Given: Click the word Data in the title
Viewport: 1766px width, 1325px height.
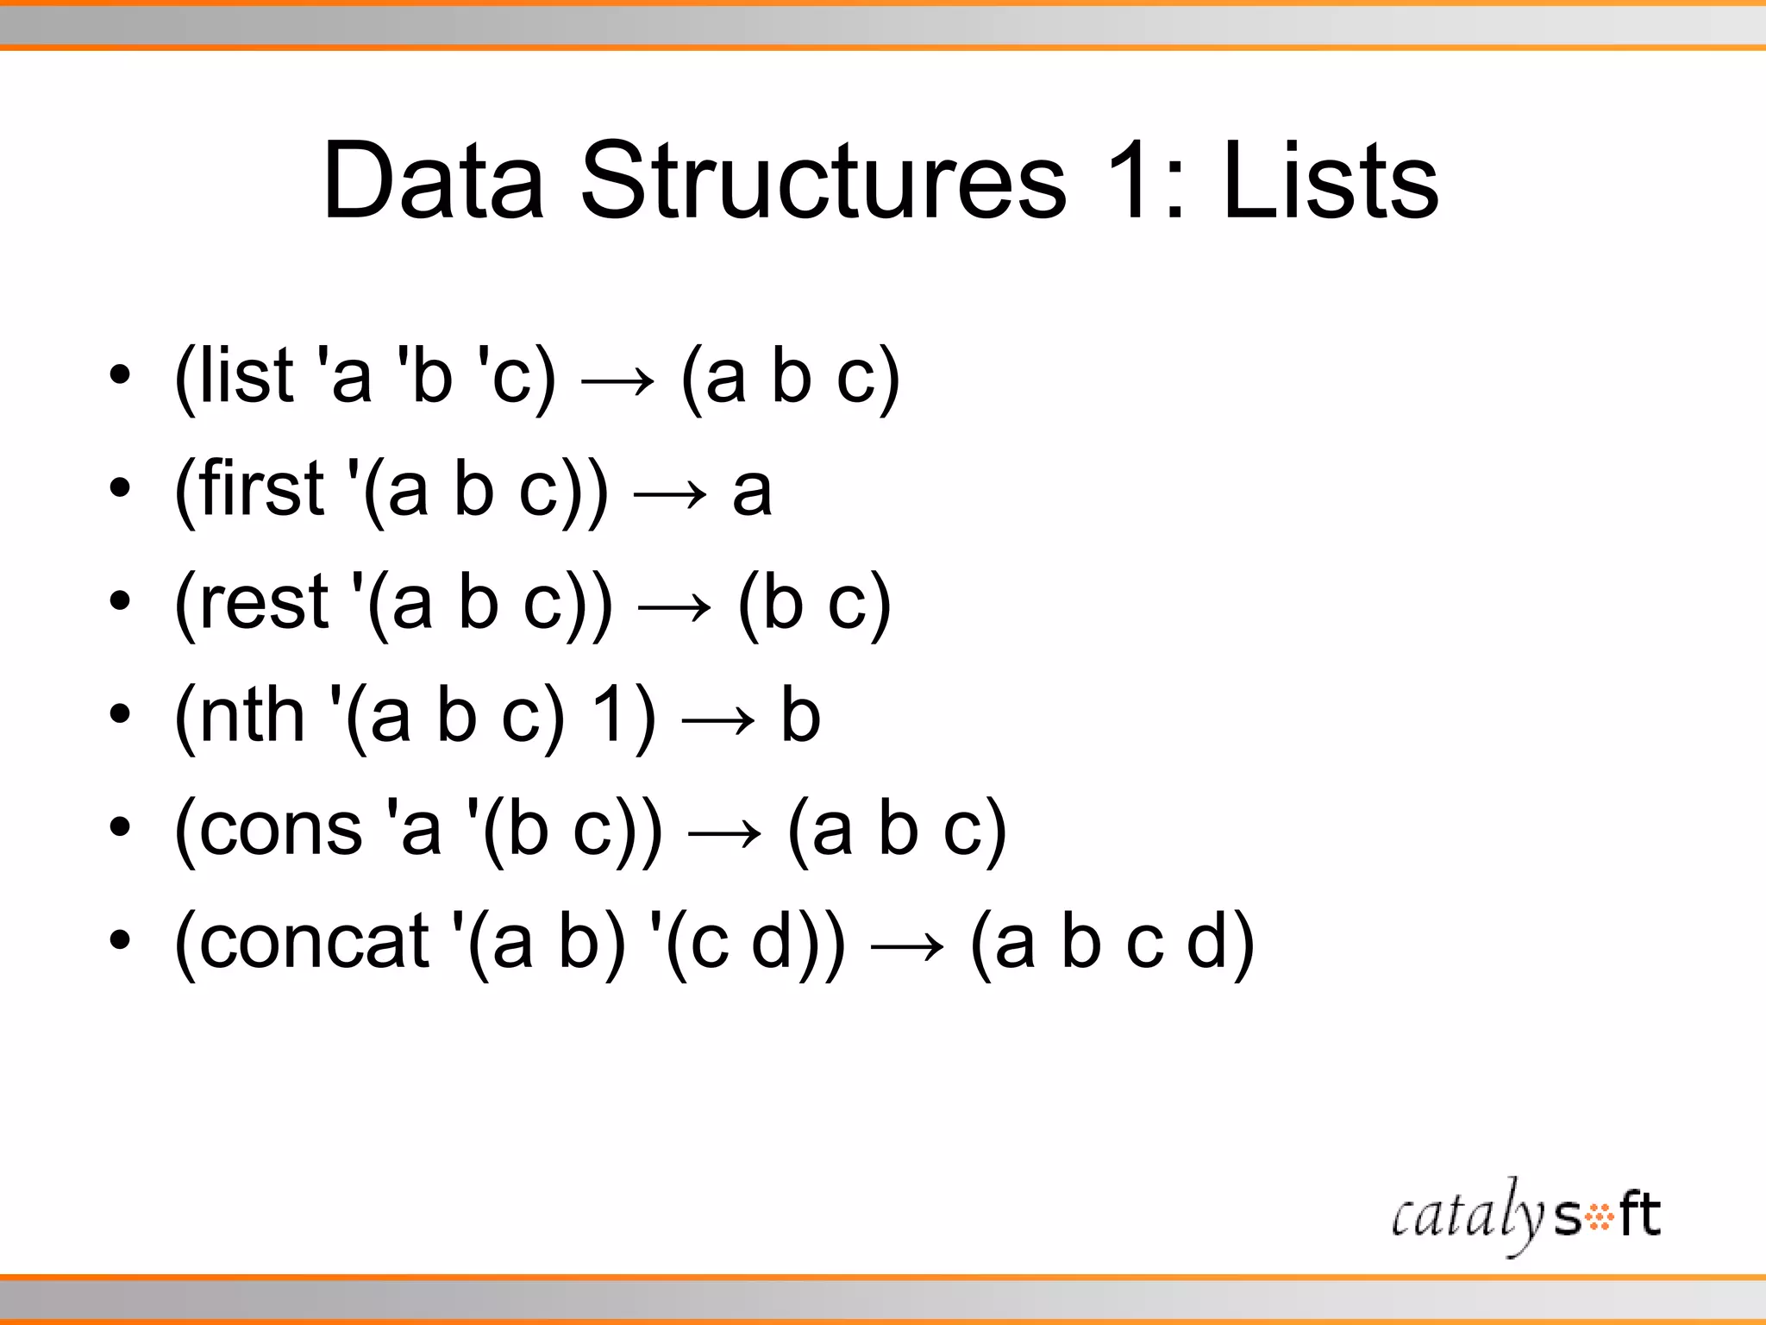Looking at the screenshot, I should (x=433, y=181).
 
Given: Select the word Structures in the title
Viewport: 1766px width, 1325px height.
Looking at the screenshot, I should (x=824, y=181).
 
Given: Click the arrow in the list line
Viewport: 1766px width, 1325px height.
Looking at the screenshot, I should (x=617, y=380).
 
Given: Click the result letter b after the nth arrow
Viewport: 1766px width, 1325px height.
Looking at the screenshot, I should (x=800, y=715).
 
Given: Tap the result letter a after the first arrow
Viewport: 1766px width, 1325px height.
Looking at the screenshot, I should (x=752, y=492).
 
